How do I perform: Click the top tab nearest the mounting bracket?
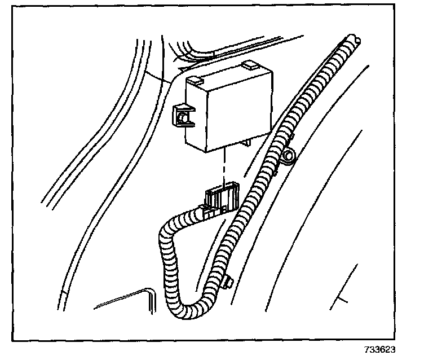(x=199, y=82)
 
